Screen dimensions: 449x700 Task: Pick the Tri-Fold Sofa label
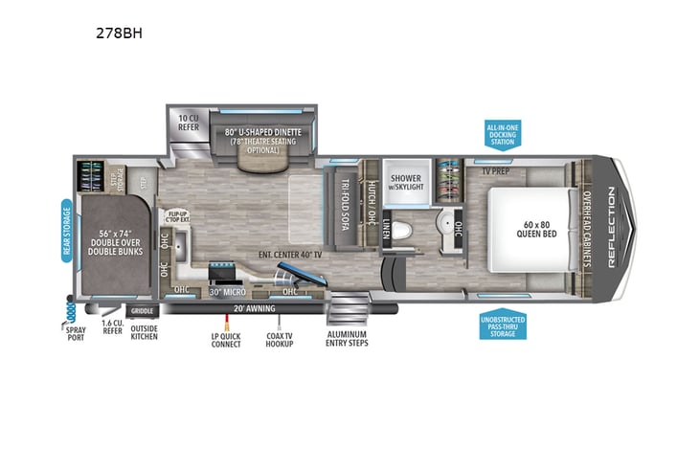pos(347,206)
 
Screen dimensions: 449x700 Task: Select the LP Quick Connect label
pos(226,340)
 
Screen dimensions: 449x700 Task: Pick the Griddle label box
pos(143,310)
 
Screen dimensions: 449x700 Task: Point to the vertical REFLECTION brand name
pos(612,226)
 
